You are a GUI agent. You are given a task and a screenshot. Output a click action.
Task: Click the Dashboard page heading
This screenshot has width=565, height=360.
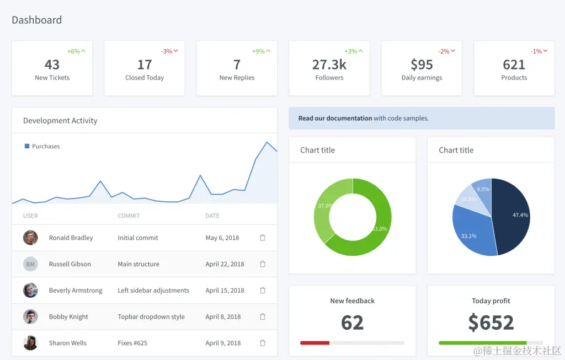pyautogui.click(x=36, y=20)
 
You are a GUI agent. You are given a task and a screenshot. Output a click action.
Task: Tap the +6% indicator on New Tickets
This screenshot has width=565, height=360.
pyautogui.click(x=76, y=51)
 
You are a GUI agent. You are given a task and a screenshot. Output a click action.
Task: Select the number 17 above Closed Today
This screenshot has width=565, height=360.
pyautogui.click(x=145, y=65)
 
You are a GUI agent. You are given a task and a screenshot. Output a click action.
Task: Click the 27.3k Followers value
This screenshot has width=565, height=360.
pyautogui.click(x=329, y=65)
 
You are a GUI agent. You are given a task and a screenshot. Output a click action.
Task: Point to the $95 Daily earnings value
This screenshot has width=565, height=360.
pyautogui.click(x=422, y=65)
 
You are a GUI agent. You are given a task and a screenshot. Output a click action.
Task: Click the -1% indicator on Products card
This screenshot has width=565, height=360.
pyautogui.click(x=539, y=51)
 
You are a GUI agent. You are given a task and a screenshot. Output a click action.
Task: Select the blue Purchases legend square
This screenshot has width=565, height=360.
pyautogui.click(x=26, y=146)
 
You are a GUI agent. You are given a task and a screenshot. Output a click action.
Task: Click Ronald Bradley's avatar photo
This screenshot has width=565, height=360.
pyautogui.click(x=30, y=238)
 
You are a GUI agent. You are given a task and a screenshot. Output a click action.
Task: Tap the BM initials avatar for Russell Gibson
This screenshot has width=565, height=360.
pyautogui.click(x=30, y=264)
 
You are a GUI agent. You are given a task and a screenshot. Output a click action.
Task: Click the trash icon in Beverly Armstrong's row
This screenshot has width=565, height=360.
pyautogui.click(x=263, y=290)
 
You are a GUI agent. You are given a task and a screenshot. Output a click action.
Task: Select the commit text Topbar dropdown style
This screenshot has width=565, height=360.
pyautogui.click(x=151, y=316)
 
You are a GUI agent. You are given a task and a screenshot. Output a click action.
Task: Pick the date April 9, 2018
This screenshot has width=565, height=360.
pyautogui.click(x=223, y=343)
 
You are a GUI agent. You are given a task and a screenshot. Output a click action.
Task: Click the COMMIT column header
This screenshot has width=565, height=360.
pyautogui.click(x=129, y=216)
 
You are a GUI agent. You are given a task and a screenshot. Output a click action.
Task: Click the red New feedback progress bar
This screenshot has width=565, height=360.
pyautogui.click(x=315, y=343)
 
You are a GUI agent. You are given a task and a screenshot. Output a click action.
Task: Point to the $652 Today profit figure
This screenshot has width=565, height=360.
pyautogui.click(x=491, y=323)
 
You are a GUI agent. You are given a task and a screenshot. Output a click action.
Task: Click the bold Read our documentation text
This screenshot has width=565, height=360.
pyautogui.click(x=335, y=118)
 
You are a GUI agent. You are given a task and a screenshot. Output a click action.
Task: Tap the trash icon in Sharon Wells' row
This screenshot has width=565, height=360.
pyautogui.click(x=263, y=343)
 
